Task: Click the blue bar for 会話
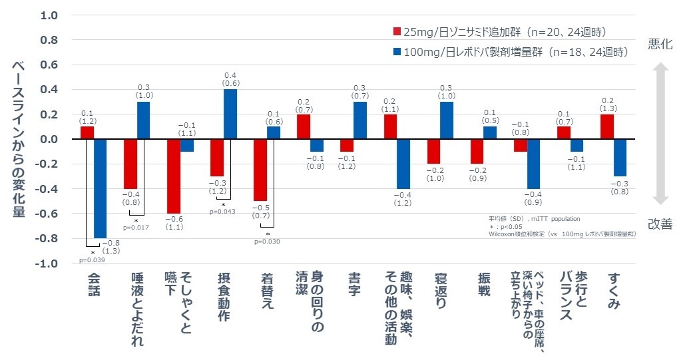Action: click(x=101, y=188)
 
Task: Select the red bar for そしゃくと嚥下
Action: click(x=173, y=176)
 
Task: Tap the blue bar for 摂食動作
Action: click(x=230, y=114)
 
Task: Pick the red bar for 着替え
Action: click(x=260, y=170)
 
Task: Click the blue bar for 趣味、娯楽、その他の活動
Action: click(x=403, y=164)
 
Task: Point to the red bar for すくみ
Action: click(x=606, y=126)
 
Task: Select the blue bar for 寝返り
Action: click(x=447, y=120)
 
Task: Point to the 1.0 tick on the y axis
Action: click(x=50, y=15)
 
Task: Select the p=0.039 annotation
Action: click(x=91, y=260)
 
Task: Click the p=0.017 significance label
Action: click(x=136, y=228)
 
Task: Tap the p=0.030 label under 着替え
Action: click(x=268, y=241)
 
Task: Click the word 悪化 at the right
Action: click(x=660, y=44)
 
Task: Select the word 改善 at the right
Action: click(x=660, y=224)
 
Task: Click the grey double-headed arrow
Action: click(x=660, y=134)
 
